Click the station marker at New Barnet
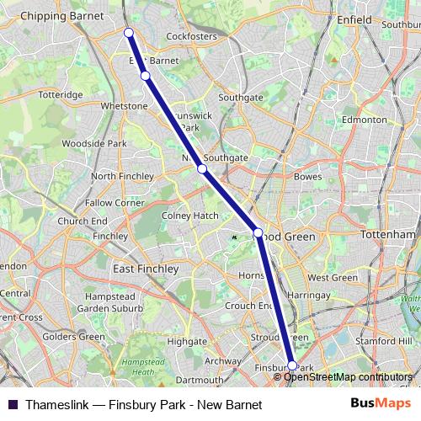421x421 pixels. pos(129,33)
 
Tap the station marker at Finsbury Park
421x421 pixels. pos(292,365)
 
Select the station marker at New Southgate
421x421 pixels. pos(202,169)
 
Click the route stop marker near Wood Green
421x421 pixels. pos(258,232)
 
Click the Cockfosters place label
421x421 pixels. pos(192,37)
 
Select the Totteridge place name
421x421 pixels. pos(60,95)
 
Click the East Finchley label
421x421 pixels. pos(146,269)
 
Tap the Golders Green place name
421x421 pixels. pos(73,337)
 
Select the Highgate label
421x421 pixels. pos(187,342)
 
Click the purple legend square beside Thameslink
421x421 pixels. pos(13,405)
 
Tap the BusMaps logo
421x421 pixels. pos(382,404)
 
